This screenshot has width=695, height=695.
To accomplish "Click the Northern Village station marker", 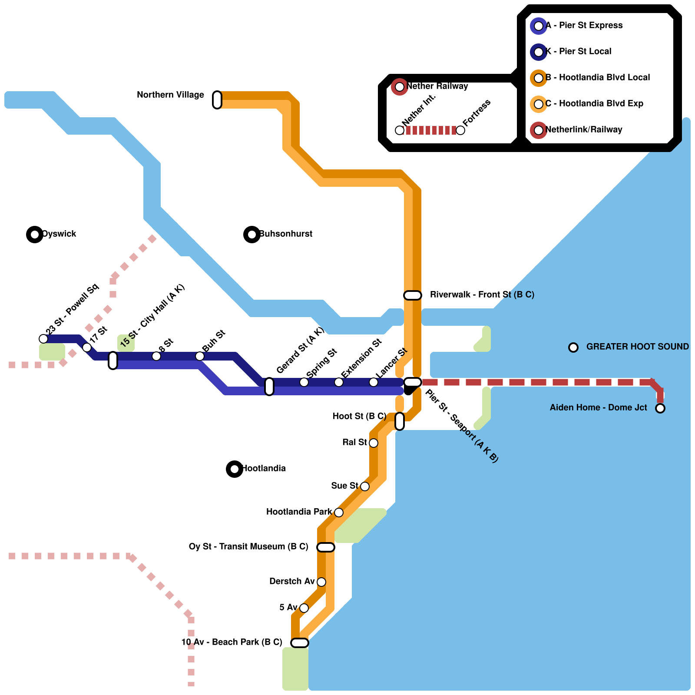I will (217, 100).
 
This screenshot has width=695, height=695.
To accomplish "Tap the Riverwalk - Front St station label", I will (482, 295).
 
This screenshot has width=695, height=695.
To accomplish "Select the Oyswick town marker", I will (35, 235).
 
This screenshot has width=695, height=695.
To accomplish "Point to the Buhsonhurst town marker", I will (252, 235).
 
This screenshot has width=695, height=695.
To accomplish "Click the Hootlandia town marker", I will (235, 469).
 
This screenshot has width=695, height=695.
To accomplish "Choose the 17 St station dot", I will (87, 347).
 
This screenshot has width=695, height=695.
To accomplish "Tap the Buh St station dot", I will (200, 356).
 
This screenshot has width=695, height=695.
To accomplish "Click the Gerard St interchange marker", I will (269, 387).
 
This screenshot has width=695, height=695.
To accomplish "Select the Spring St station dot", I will (304, 382).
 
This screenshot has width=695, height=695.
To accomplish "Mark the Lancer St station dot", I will (374, 382).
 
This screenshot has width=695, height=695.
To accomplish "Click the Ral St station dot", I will (374, 443).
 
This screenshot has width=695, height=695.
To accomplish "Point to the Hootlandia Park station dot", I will (339, 513).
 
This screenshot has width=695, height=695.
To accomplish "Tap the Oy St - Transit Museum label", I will (248, 546).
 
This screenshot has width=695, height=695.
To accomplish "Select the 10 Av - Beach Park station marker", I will (300, 643).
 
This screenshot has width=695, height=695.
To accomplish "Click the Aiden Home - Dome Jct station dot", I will (660, 408).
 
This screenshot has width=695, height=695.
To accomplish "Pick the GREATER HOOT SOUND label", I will (637, 347).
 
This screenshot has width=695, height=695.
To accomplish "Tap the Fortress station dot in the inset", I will (460, 130).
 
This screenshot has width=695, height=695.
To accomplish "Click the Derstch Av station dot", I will (321, 582).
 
